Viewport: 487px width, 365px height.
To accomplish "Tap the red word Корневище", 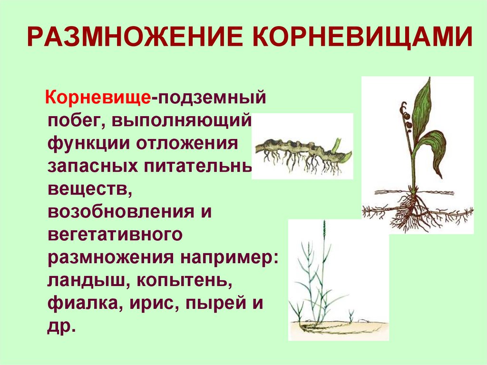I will (x=98, y=99).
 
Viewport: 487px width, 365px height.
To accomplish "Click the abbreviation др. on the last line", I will (x=62, y=326).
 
